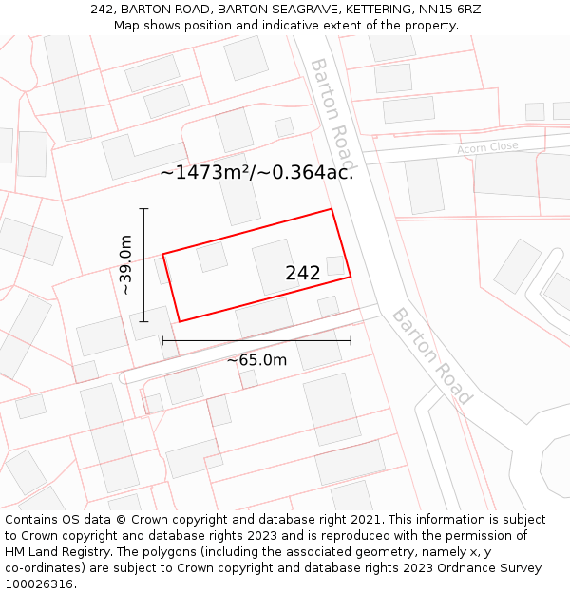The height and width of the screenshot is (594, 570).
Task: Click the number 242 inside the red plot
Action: coord(303,273)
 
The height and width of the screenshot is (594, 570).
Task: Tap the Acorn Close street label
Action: coord(487,147)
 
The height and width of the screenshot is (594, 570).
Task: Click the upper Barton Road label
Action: coord(333,112)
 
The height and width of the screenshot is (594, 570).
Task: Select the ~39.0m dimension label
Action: coord(124,265)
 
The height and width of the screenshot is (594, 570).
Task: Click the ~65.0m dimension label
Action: coord(256,360)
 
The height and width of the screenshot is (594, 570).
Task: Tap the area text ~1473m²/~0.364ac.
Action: coord(256,172)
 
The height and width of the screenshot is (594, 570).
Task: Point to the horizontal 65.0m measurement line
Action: coord(256,340)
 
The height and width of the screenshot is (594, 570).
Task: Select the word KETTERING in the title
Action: coord(366,10)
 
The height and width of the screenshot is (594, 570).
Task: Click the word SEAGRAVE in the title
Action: coord(286,10)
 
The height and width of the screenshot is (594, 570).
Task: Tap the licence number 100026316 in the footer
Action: coord(37,584)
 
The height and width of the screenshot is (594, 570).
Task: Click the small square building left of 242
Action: coord(212,257)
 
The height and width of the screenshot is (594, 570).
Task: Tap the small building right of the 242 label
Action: coord(335,265)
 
